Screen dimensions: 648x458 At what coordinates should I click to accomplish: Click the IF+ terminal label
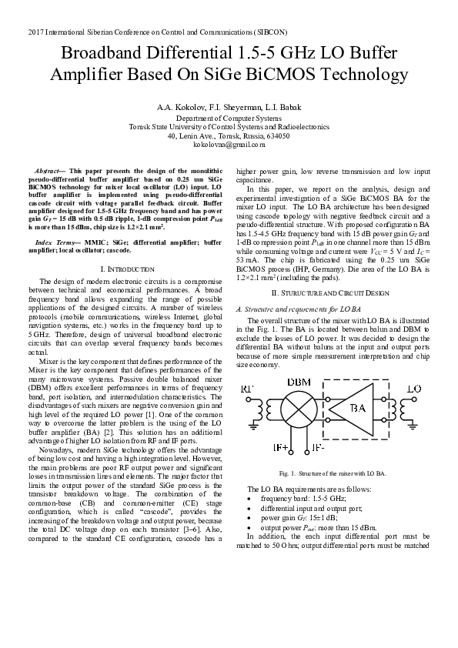click(x=281, y=447)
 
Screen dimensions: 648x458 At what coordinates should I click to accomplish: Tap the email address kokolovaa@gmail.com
click(x=229, y=144)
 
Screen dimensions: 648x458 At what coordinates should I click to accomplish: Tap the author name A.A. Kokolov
click(x=179, y=106)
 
